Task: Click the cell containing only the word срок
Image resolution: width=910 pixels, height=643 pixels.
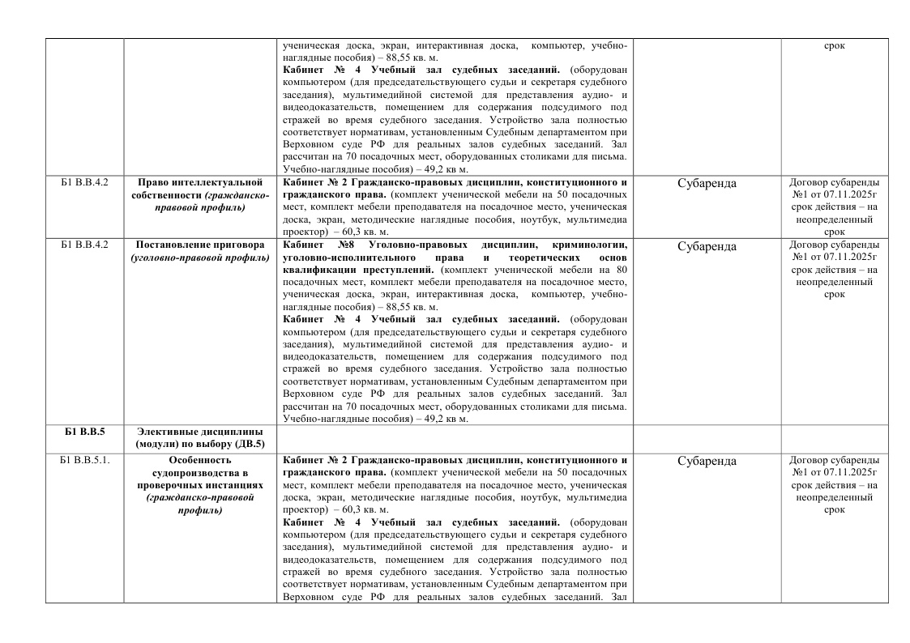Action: (834, 45)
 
